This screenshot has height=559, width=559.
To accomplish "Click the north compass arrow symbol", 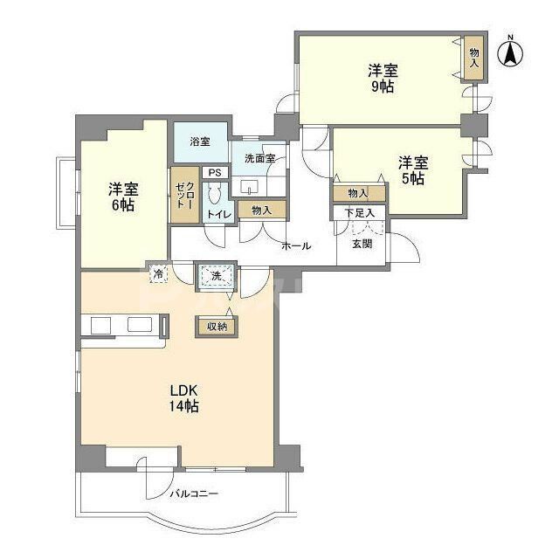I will point(510,54).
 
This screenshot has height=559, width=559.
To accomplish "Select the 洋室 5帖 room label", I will point(413,169).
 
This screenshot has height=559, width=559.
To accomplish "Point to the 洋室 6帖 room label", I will point(123,197).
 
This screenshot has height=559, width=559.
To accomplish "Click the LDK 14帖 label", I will point(184,398).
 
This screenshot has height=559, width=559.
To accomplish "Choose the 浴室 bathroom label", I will point(200,141).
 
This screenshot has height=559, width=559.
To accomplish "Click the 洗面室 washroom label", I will point(259,158).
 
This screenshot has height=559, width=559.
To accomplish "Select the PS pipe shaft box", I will point(214,173).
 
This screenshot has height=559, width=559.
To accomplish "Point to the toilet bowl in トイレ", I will point(217,197).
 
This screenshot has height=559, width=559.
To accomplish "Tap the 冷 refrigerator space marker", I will point(158,273).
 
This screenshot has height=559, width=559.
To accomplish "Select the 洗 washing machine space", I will point(215,277).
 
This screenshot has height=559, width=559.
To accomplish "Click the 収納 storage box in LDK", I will point(215,326).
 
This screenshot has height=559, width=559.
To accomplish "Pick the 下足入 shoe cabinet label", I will point(358,212).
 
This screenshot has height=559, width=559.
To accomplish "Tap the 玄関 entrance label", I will point(362,244).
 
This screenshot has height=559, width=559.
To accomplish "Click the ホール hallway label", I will point(296,246).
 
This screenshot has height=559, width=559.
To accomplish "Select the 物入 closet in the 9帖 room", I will point(473,59).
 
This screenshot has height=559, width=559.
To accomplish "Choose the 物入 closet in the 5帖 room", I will point(358,192).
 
